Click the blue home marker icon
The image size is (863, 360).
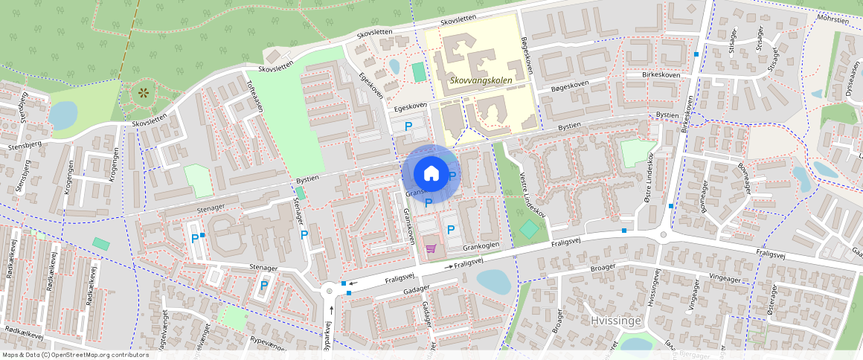[431, 173]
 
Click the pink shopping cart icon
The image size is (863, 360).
[430, 248]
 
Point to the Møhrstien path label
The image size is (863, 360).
[832, 20]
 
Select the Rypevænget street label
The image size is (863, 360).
[269, 344]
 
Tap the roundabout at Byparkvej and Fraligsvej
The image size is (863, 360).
[330, 291]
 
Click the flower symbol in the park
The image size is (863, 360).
[143, 94]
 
